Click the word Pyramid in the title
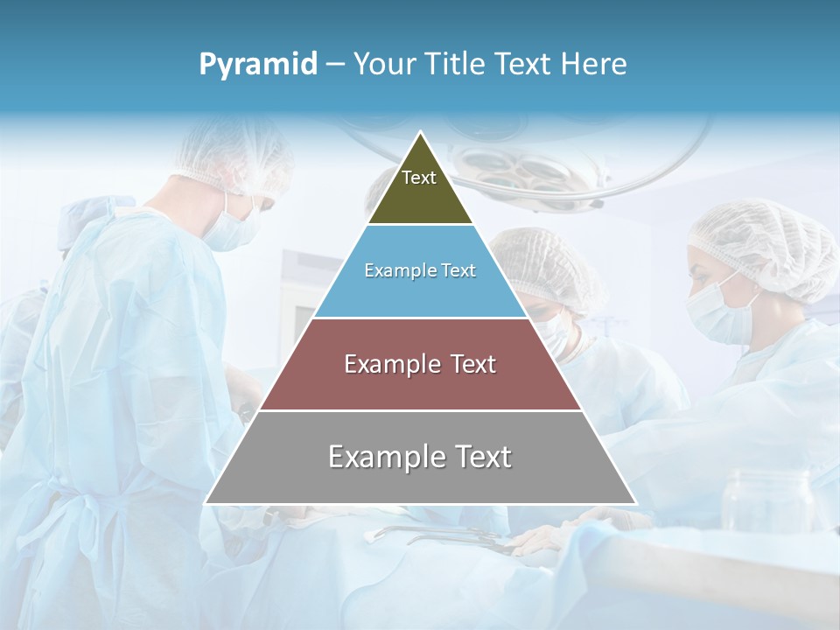click(x=257, y=65)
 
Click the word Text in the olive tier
click(x=418, y=178)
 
